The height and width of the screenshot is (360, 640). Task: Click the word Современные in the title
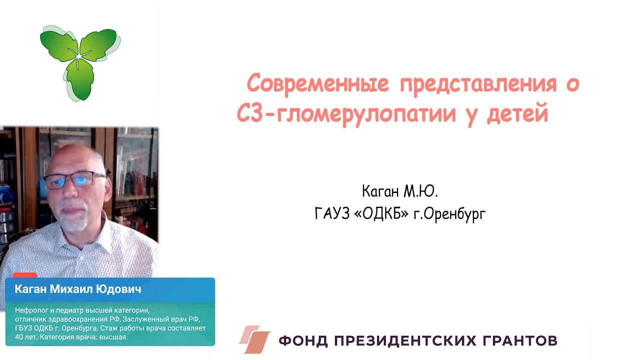[318, 84]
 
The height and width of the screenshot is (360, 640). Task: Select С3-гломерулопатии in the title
[346, 114]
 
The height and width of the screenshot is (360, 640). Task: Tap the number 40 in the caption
[20, 337]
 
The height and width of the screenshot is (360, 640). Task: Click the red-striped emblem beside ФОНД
[254, 340]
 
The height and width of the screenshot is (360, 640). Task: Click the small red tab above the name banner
[24, 275]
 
